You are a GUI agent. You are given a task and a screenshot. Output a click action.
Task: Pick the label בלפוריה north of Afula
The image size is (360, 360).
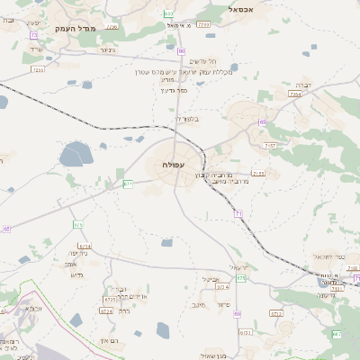185,118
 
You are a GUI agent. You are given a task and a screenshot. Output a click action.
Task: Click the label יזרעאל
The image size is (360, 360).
237,268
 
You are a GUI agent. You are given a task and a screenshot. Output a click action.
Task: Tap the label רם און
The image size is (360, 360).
110,341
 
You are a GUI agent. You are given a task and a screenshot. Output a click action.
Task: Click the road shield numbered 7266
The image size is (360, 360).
295,94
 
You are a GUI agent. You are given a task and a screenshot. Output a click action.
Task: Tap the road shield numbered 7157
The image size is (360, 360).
270,145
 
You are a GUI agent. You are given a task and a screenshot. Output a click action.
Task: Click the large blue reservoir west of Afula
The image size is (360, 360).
76,157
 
